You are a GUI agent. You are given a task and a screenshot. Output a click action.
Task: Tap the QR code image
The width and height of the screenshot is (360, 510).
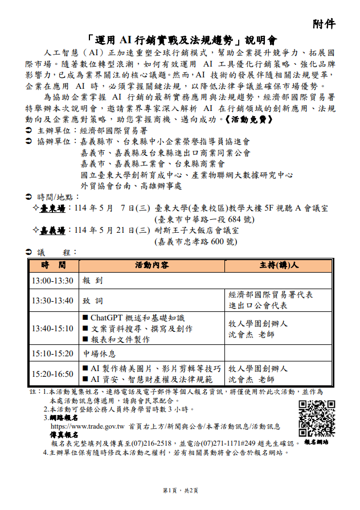(317, 418)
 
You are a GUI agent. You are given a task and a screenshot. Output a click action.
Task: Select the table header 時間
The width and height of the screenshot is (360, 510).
(52, 265)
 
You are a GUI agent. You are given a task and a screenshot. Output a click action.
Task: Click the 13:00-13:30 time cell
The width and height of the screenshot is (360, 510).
(52, 281)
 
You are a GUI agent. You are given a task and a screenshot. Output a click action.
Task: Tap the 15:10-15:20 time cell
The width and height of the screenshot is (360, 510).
(52, 353)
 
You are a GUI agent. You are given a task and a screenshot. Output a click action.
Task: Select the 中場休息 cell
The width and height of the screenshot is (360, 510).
(100, 353)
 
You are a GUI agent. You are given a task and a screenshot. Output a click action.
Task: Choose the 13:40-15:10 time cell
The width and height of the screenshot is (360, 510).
(52, 328)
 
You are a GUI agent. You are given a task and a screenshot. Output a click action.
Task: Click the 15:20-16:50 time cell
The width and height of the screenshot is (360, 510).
(52, 373)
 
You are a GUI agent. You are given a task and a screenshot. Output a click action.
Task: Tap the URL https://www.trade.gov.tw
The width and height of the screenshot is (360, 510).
(88, 426)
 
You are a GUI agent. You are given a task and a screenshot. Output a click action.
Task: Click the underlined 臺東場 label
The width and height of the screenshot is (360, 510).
(52, 209)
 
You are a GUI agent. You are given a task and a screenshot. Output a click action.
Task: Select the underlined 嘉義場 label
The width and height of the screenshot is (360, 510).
(52, 231)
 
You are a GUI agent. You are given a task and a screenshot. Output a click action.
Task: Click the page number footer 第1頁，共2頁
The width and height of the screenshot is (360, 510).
(180, 491)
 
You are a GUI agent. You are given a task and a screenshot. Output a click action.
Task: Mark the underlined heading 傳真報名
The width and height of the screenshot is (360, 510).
(64, 434)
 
